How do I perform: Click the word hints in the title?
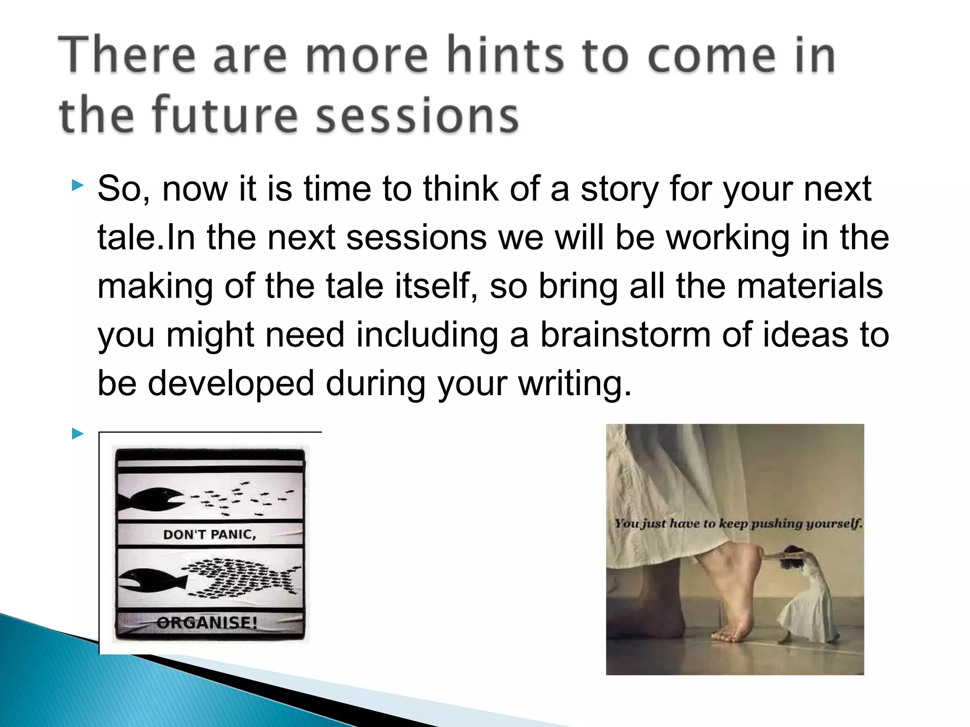coord(506,55)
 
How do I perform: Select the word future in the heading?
coord(225,115)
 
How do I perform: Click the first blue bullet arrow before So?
coord(78,185)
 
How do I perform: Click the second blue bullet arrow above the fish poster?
coord(78,433)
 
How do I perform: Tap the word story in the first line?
coord(620,188)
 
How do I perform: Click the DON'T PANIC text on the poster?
coord(209,535)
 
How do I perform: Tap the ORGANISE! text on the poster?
coord(207,622)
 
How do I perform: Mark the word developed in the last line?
coord(231,383)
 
